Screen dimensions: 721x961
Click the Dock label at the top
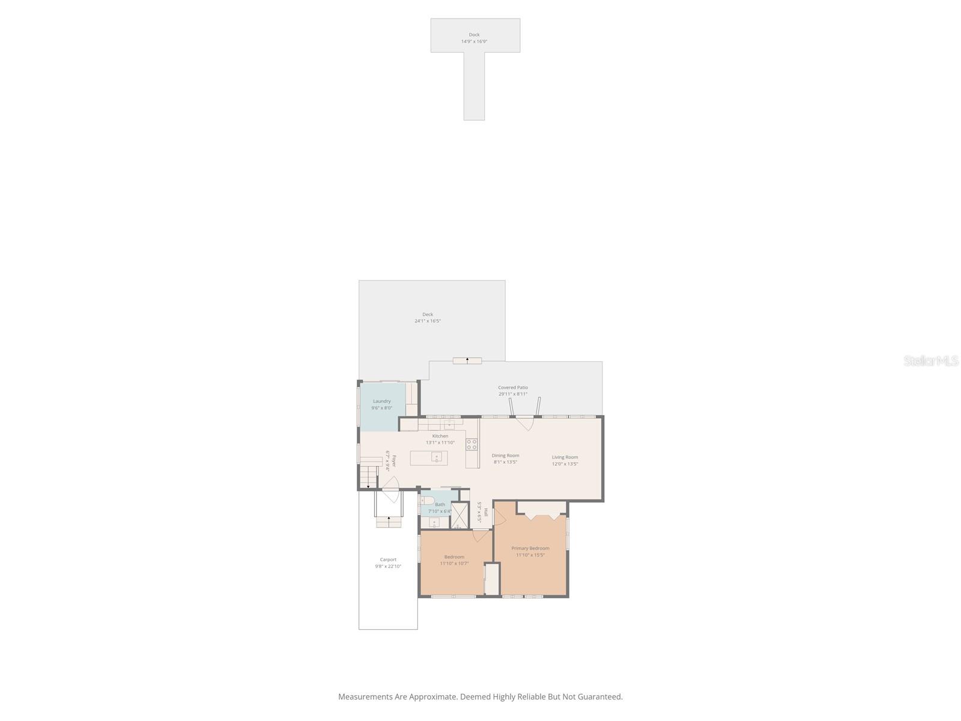pyautogui.click(x=474, y=35)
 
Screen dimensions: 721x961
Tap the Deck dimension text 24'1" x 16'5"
pyautogui.click(x=427, y=321)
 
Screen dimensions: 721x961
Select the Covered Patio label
pyautogui.click(x=512, y=388)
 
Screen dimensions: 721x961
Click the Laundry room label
pyautogui.click(x=381, y=401)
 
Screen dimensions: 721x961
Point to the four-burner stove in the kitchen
pyautogui.click(x=471, y=445)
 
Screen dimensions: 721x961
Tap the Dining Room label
pyautogui.click(x=505, y=455)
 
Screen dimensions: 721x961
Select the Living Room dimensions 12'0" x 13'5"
pyautogui.click(x=565, y=464)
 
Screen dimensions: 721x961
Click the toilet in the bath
pyautogui.click(x=427, y=500)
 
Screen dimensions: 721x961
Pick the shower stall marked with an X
pyautogui.click(x=459, y=515)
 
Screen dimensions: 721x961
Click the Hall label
pyautogui.click(x=485, y=513)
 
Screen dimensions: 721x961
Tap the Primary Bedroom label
pyautogui.click(x=530, y=548)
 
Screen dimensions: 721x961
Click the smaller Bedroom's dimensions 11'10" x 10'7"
pyautogui.click(x=453, y=564)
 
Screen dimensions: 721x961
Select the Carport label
pyautogui.click(x=388, y=559)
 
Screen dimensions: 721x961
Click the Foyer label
pyautogui.click(x=394, y=461)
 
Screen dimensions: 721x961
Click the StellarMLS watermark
pyautogui.click(x=930, y=360)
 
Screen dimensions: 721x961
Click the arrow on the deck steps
pyautogui.click(x=467, y=360)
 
